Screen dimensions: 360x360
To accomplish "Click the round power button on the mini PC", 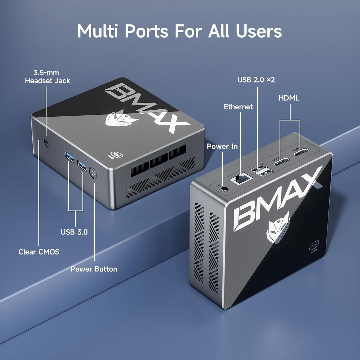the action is tap(93, 173).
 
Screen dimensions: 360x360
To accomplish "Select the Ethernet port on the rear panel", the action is tap(241, 178).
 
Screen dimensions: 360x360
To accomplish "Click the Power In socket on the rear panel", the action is tap(224, 189).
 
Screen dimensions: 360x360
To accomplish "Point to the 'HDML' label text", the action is tap(289, 98).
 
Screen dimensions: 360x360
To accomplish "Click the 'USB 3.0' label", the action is tap(74, 232).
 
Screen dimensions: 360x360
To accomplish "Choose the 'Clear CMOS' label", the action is tap(39, 252).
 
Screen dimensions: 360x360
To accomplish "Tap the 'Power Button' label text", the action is tap(94, 269).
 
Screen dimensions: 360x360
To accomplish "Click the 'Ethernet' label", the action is tap(238, 107).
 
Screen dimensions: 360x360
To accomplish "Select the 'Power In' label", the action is tap(222, 146).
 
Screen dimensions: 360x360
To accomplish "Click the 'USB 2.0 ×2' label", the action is tap(256, 80).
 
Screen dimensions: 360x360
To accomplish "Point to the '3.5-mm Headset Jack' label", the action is tap(48, 77).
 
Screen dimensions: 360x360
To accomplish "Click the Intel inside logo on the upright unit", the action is tap(314, 247).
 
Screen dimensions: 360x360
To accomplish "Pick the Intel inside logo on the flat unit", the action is tap(116, 155).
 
